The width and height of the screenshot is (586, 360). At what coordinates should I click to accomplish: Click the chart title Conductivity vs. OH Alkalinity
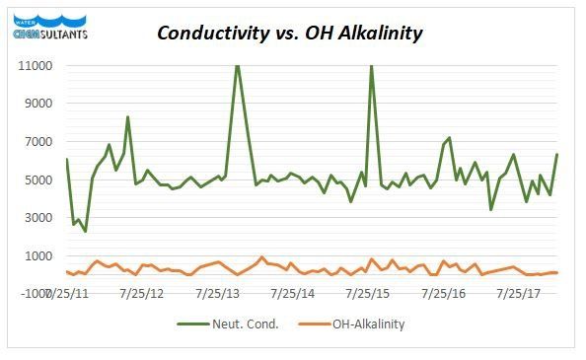click(x=291, y=34)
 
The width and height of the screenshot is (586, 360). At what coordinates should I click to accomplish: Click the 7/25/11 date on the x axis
click(x=68, y=293)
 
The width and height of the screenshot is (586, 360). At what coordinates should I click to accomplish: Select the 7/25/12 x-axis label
click(x=143, y=293)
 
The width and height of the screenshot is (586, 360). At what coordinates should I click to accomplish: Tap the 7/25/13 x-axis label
click(x=218, y=293)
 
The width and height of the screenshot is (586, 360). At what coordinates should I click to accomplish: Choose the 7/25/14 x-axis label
click(x=293, y=293)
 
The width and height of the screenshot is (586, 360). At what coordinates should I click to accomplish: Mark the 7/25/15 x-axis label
click(x=368, y=293)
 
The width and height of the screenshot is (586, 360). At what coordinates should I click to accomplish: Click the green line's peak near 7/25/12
click(x=127, y=117)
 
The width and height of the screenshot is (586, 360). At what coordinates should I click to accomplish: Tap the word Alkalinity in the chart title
click(x=380, y=34)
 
